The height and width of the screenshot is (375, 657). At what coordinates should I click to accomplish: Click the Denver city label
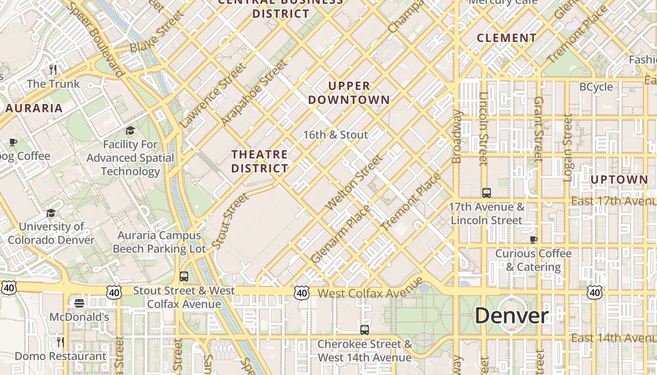(x=512, y=316)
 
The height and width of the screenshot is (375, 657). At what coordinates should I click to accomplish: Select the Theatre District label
(x=260, y=161)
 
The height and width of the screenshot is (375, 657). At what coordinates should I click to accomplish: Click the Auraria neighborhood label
(x=34, y=108)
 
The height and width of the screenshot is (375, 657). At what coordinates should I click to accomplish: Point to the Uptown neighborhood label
(x=619, y=180)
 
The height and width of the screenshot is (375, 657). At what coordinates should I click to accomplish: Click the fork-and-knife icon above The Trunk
(x=53, y=70)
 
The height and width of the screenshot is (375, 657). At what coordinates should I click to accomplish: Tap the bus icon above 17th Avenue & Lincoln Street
(x=487, y=193)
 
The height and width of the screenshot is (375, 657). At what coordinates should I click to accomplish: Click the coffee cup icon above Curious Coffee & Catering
(x=534, y=240)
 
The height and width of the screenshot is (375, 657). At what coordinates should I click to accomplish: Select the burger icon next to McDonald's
(x=79, y=303)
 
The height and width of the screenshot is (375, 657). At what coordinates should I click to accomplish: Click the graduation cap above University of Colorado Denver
(x=51, y=213)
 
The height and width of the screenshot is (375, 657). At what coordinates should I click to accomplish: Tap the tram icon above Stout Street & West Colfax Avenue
(x=184, y=277)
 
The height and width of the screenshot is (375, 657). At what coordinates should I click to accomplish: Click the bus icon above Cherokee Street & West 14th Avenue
(x=365, y=330)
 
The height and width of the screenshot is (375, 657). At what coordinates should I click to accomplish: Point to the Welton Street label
(x=354, y=183)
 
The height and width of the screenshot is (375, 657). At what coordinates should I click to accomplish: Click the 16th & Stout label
(x=336, y=135)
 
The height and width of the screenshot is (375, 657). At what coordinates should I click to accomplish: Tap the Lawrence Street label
(x=213, y=95)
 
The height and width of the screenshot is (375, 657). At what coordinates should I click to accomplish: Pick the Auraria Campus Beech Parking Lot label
(x=160, y=242)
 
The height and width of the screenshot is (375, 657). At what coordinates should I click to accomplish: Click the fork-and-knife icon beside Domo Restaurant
(x=61, y=342)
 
